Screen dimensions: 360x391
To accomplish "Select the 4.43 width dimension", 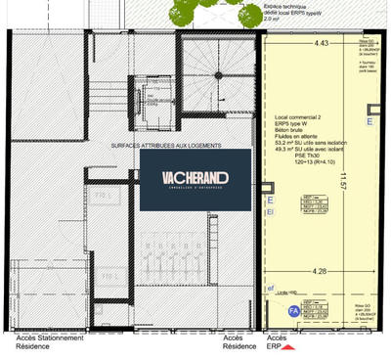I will click(x=315, y=44).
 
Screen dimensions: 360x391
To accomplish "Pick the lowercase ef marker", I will click(x=270, y=289).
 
